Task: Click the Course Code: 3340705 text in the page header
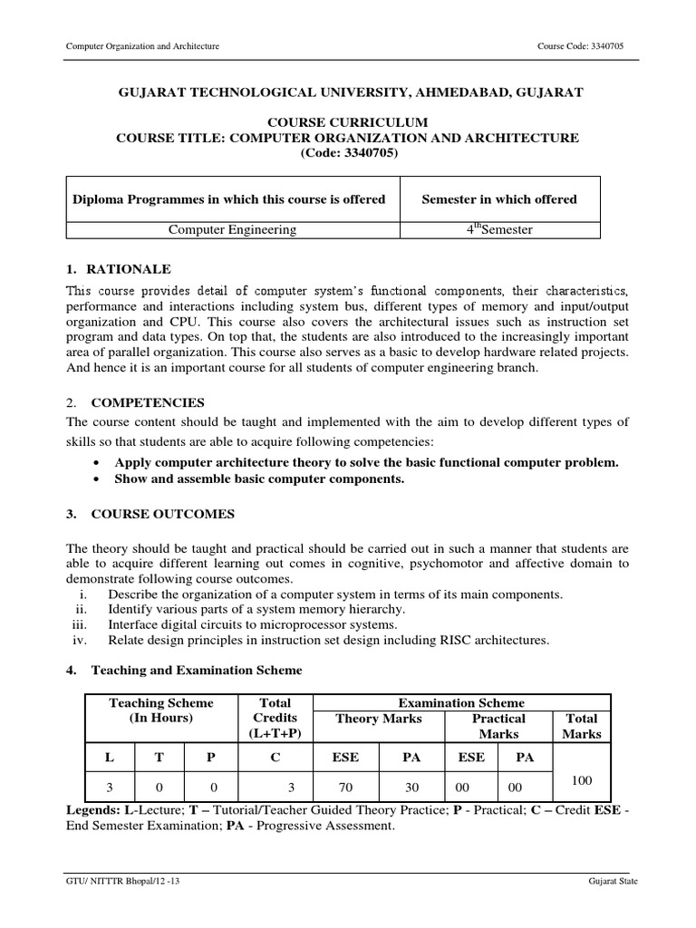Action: pos(585,46)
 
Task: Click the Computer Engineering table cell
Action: pos(233,229)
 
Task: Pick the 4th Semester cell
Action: pos(499,229)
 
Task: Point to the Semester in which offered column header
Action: pos(499,199)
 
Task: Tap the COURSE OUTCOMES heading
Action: pos(162,514)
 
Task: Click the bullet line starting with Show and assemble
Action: pos(259,478)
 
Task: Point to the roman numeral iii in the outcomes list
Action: pos(80,624)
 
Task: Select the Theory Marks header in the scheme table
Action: pos(378,719)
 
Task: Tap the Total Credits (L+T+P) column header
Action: pos(275,718)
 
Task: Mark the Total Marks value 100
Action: pos(582,780)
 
